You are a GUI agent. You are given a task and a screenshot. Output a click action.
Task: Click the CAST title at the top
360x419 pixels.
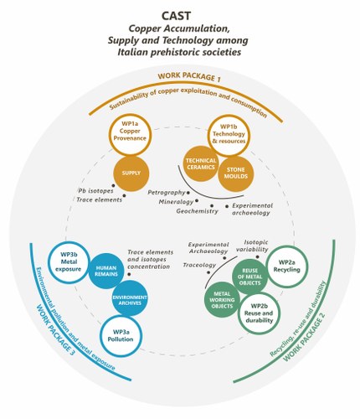tap(177, 16)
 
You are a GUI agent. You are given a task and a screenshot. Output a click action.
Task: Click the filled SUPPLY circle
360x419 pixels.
tap(131, 173)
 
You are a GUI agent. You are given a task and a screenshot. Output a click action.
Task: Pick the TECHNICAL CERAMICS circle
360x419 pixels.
tap(201, 164)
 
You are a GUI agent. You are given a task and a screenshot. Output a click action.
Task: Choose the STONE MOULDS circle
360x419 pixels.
tap(236, 173)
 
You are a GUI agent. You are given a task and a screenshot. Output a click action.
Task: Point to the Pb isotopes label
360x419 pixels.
tap(95, 191)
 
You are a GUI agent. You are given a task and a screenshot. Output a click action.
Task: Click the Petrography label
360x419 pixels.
tap(167, 193)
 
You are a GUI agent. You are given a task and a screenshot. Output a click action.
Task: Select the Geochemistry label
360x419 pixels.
tap(197, 211)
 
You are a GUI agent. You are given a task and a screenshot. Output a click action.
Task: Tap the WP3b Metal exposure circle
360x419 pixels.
tap(69, 262)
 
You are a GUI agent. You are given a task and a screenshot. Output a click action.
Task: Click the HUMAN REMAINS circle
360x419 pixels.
tap(106, 272)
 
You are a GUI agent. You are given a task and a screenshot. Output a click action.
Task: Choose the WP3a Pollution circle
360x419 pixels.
tap(121, 336)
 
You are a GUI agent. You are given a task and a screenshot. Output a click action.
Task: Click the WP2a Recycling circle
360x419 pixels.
tap(287, 266)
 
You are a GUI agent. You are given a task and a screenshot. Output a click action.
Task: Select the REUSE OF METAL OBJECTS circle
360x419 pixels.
tap(250, 277)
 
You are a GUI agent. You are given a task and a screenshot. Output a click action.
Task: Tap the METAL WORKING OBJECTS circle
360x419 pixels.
tap(222, 300)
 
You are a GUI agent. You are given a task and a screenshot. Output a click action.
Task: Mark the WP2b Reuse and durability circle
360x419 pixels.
tap(259, 313)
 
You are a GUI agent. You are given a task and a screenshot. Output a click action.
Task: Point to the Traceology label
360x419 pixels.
tap(199, 265)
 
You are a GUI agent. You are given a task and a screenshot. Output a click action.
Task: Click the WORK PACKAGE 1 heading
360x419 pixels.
tap(189, 77)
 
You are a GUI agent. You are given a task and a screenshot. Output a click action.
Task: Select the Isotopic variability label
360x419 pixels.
tap(252, 246)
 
